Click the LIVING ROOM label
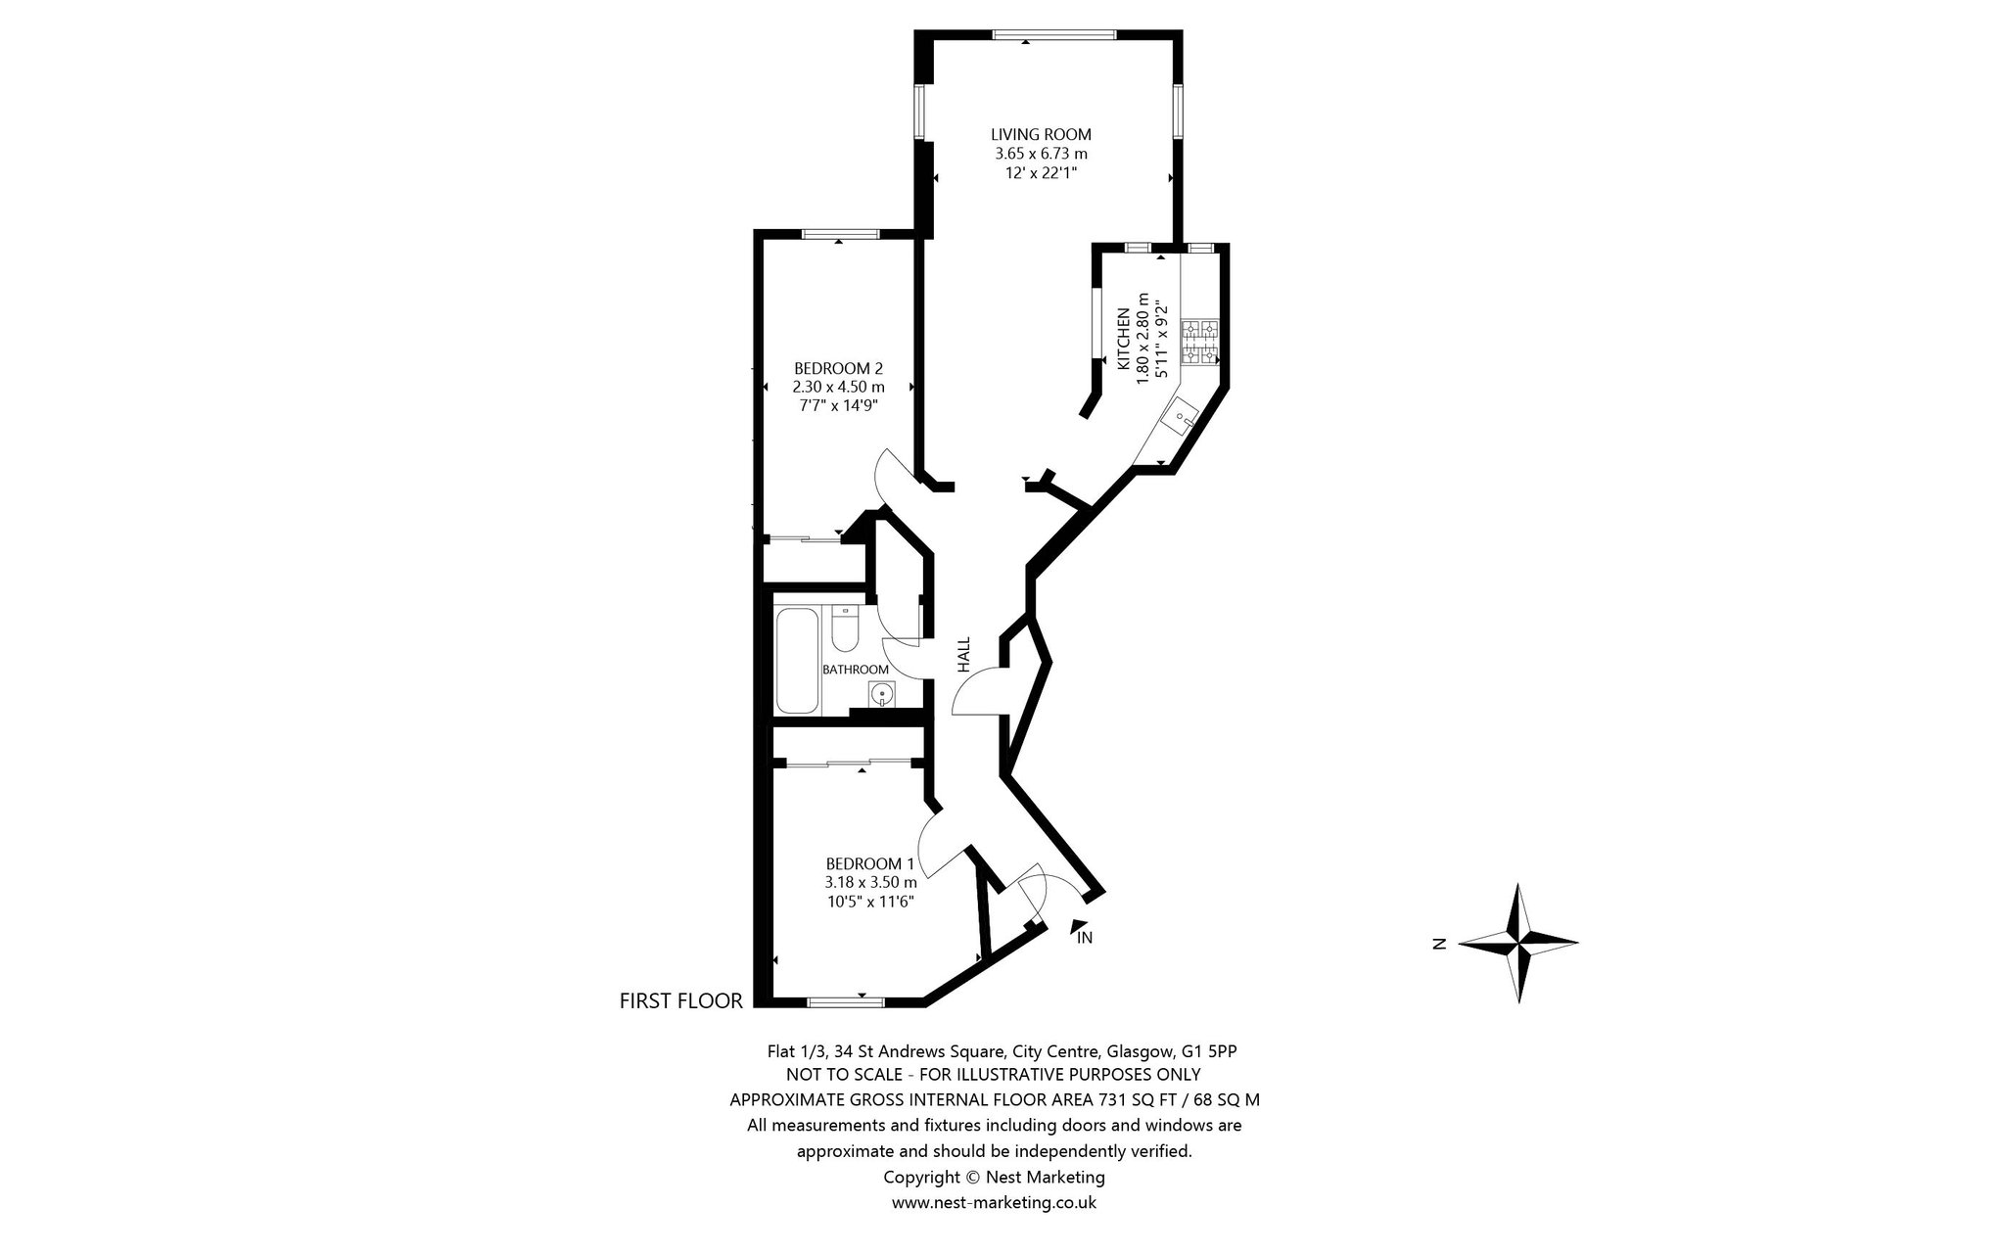1041,134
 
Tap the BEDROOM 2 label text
839,368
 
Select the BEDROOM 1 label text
870,863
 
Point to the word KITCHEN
1124,339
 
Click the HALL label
963,655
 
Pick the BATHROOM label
856,670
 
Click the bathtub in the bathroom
798,661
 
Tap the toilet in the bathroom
844,627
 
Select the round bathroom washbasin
883,694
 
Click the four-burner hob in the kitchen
1199,344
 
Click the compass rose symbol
1518,944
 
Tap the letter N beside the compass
1439,945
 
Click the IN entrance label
1085,938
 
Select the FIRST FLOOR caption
681,1000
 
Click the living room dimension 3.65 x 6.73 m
1041,154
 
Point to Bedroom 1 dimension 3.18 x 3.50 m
870,882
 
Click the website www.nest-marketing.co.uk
994,1203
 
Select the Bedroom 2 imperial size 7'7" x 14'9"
839,405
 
